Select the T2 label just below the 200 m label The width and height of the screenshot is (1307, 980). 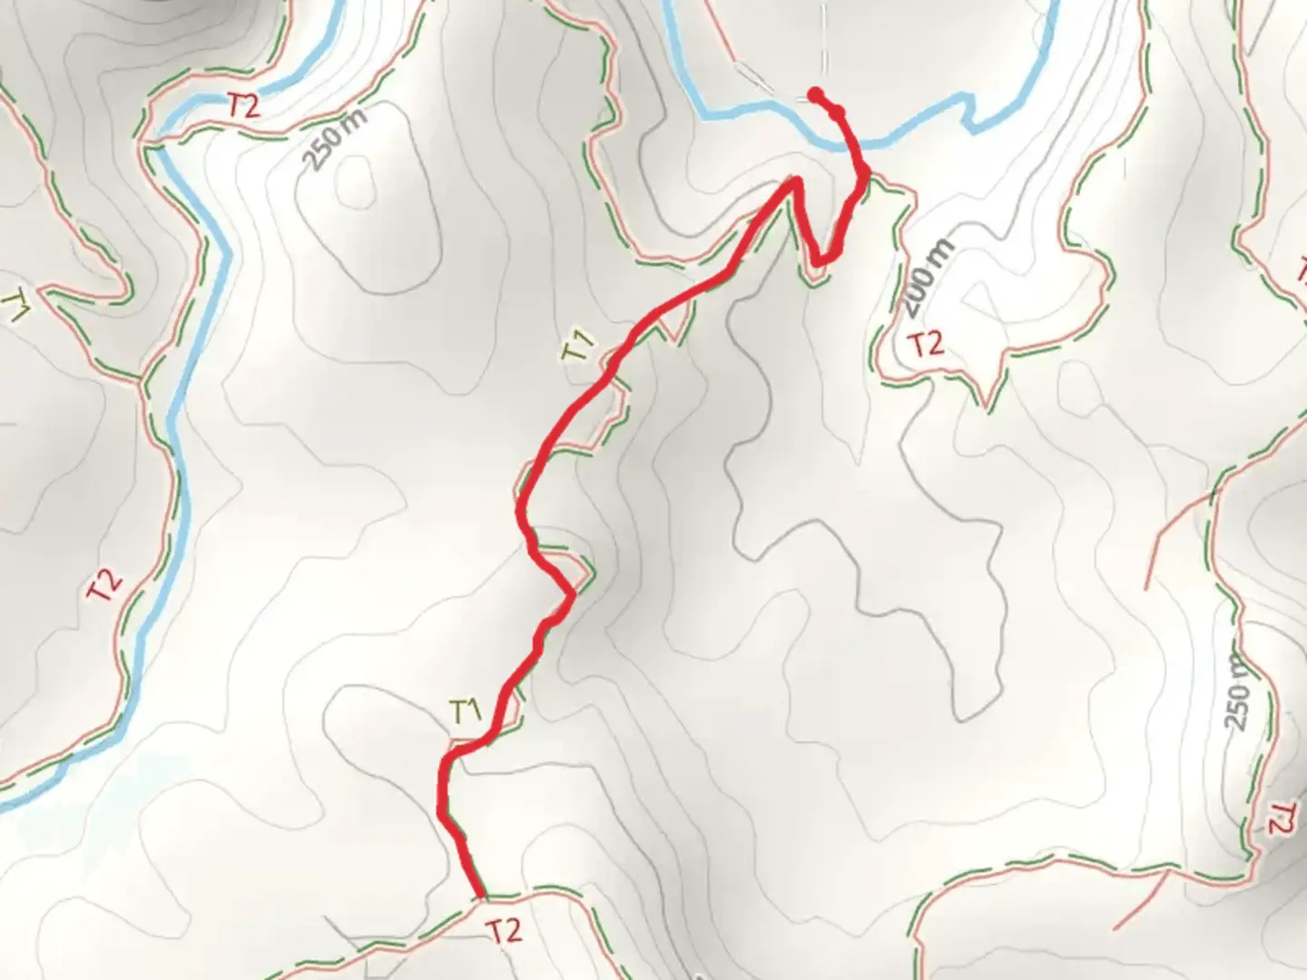[927, 344]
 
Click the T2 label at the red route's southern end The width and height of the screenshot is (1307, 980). [505, 930]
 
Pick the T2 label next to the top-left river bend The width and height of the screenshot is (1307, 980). [243, 106]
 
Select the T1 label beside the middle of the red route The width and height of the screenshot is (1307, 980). [578, 348]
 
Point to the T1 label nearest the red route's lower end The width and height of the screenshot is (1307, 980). [466, 712]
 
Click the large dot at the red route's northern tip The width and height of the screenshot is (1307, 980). [815, 93]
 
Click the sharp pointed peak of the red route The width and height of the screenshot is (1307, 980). [797, 181]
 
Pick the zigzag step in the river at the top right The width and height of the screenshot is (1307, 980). [972, 114]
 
